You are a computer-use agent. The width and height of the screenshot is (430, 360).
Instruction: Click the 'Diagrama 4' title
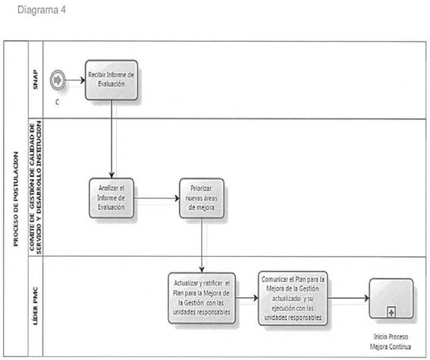[x=42, y=10]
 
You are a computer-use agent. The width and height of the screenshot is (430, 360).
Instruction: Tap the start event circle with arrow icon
[x=58, y=80]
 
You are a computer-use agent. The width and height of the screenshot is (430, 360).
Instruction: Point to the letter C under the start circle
[x=58, y=102]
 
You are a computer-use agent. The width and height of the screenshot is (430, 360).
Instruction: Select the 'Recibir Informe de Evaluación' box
[x=111, y=80]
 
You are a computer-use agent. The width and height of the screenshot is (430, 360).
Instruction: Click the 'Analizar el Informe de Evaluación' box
[x=111, y=198]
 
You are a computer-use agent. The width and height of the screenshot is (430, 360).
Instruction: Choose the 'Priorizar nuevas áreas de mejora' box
[x=202, y=198]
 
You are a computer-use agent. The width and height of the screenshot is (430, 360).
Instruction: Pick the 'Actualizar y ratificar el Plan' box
[x=202, y=298]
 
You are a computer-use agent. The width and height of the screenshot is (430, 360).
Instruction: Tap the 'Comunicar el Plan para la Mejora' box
[x=293, y=298]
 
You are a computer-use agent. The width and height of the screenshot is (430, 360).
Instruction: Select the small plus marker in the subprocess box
[x=391, y=312]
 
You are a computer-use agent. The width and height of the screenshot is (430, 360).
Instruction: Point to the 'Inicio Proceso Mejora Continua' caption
[x=391, y=342]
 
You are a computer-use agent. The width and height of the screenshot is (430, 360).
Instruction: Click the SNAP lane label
[x=36, y=80]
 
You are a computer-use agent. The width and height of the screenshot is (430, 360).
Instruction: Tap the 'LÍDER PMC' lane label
[x=36, y=306]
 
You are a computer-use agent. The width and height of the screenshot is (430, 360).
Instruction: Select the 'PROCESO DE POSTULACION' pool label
[x=16, y=199]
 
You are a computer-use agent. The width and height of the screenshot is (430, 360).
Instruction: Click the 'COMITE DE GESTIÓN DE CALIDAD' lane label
[x=36, y=187]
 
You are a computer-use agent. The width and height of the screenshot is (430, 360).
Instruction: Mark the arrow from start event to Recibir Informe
[x=75, y=80]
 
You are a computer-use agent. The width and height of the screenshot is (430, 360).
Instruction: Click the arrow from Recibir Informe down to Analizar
[x=111, y=139]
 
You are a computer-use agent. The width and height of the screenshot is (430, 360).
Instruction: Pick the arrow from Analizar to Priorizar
[x=156, y=198]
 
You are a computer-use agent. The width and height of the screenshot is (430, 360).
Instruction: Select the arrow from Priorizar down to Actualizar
[x=202, y=246]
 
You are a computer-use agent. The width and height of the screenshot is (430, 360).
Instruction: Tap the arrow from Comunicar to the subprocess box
[x=349, y=298]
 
